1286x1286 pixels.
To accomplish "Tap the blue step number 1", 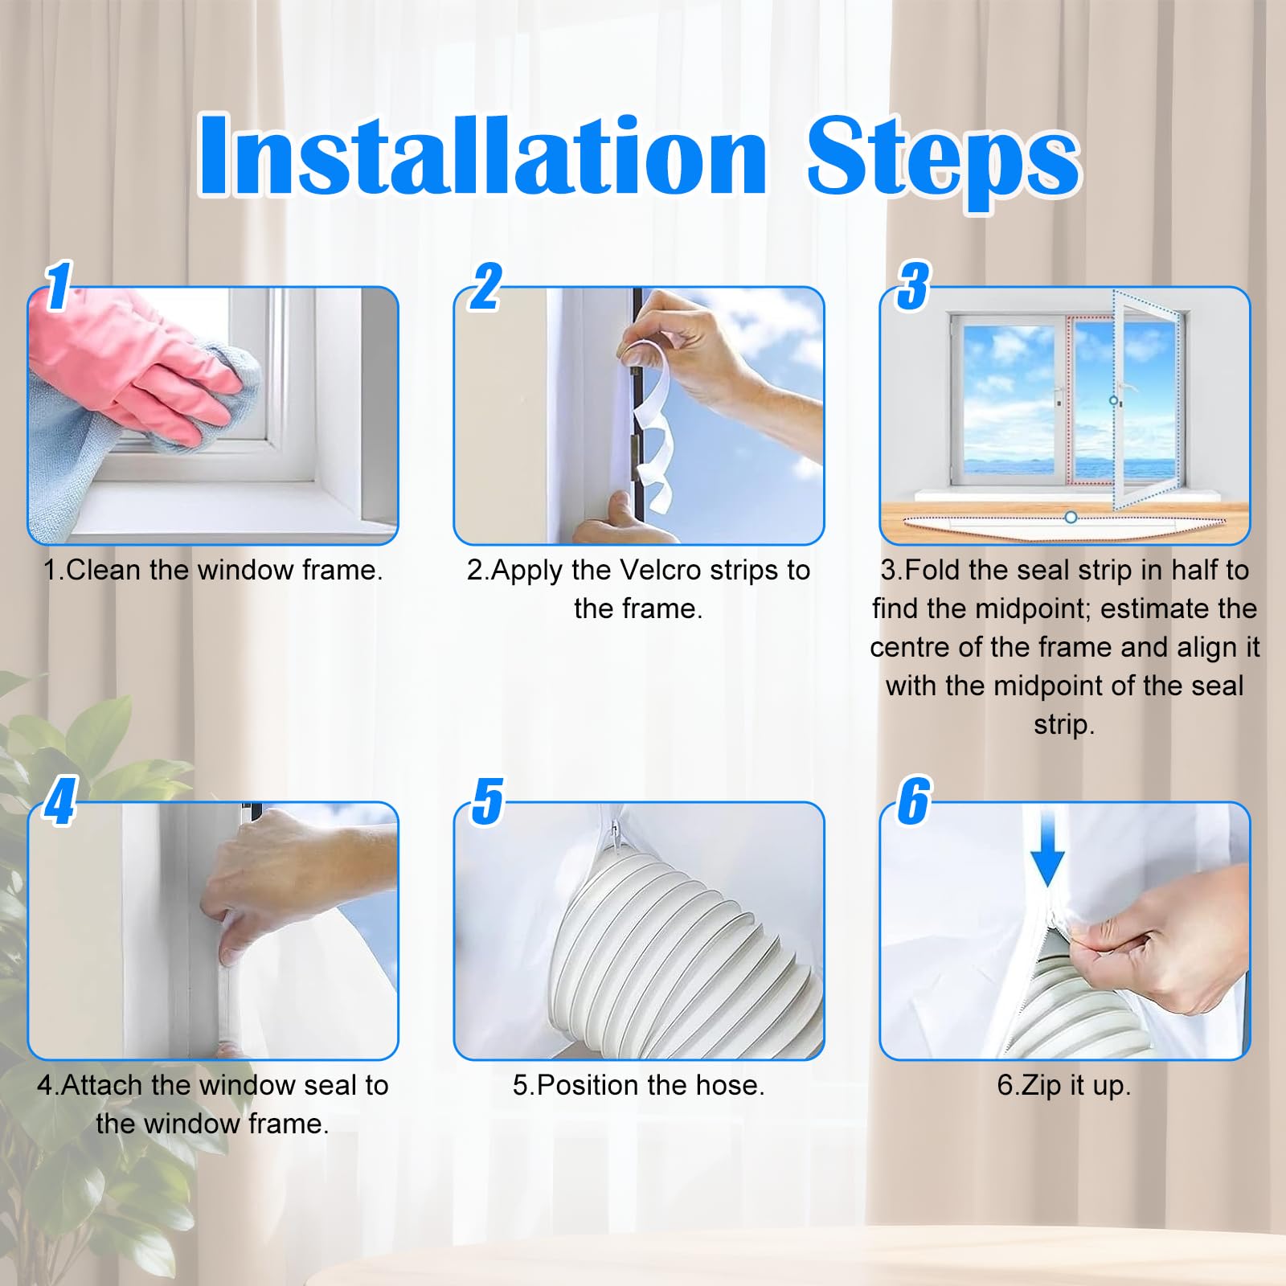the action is pos(59,285).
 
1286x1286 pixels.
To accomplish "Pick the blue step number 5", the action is pos(488,801).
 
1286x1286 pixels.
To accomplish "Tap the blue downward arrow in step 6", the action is pos(1047,848).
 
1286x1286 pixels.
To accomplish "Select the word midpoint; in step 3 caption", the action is pos(1033,609).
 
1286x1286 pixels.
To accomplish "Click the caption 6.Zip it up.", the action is pos(1064,1086).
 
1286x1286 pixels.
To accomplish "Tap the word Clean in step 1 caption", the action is pos(104,570).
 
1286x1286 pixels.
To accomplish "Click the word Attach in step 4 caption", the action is pos(103,1085).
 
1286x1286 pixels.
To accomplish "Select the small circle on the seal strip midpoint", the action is pos(1070,518).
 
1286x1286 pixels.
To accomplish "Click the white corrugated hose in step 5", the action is pos(683,948).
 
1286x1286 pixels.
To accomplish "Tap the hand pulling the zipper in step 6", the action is pos(1157,948).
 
